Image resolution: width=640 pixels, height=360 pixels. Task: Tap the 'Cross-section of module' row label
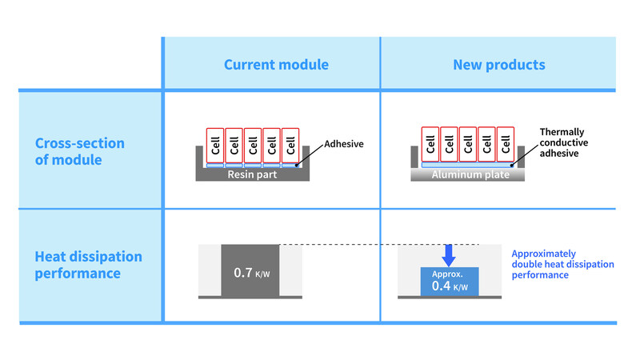pos(80,151)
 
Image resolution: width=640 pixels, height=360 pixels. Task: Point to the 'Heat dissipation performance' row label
pos(89,265)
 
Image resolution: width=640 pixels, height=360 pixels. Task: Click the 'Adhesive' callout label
pos(344,145)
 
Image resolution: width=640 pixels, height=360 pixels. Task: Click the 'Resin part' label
pos(253,174)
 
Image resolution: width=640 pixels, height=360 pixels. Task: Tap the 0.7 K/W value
pos(250,273)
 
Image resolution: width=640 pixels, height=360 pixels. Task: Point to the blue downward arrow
pos(450,254)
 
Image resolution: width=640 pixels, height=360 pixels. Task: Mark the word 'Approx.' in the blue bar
pos(449,273)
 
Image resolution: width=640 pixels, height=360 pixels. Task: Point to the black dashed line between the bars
pos(376,244)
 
